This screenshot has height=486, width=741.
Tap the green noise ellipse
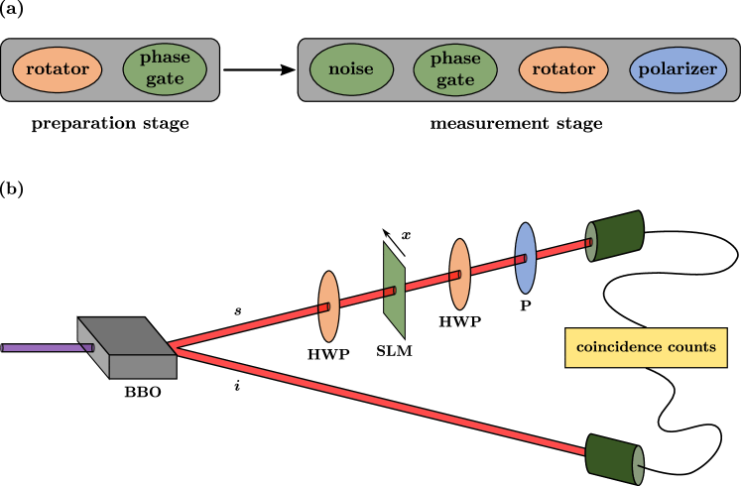pos(352,69)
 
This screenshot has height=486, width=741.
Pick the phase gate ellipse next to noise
pos(455,69)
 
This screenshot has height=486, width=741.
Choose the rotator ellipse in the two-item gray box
pos(58,69)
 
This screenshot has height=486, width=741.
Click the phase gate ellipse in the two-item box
pos(165,69)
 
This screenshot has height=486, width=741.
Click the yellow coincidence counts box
pos(646,348)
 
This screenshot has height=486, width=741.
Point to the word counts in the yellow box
pos(692,348)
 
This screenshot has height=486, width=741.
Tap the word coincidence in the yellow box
pos(621,348)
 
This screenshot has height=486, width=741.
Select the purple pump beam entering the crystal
pos(45,348)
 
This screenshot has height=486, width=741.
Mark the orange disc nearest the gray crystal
pos(328,306)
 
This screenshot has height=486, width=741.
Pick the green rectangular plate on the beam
pos(394,290)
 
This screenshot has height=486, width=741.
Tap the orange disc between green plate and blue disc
pos(459,274)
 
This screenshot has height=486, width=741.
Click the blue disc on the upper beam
pos(525,258)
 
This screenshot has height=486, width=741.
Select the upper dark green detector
pos(617,236)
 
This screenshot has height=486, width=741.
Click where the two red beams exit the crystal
pos(173,346)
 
